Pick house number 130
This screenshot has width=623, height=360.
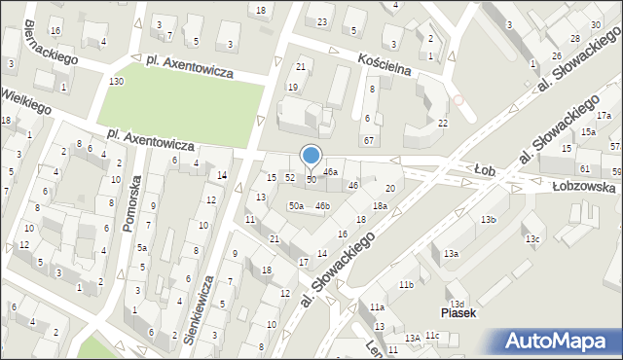(x=117, y=81)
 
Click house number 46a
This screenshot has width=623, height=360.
(x=331, y=171)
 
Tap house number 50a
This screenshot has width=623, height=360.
(x=295, y=205)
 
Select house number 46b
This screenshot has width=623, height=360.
(x=322, y=205)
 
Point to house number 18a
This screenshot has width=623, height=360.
(x=380, y=205)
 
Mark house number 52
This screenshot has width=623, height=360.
(x=289, y=177)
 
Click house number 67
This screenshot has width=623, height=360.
(x=369, y=141)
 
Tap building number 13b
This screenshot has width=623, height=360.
(x=487, y=220)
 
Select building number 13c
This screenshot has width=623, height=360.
(x=531, y=239)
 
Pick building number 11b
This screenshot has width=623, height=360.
(x=406, y=284)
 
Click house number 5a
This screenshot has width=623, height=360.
(x=141, y=248)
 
